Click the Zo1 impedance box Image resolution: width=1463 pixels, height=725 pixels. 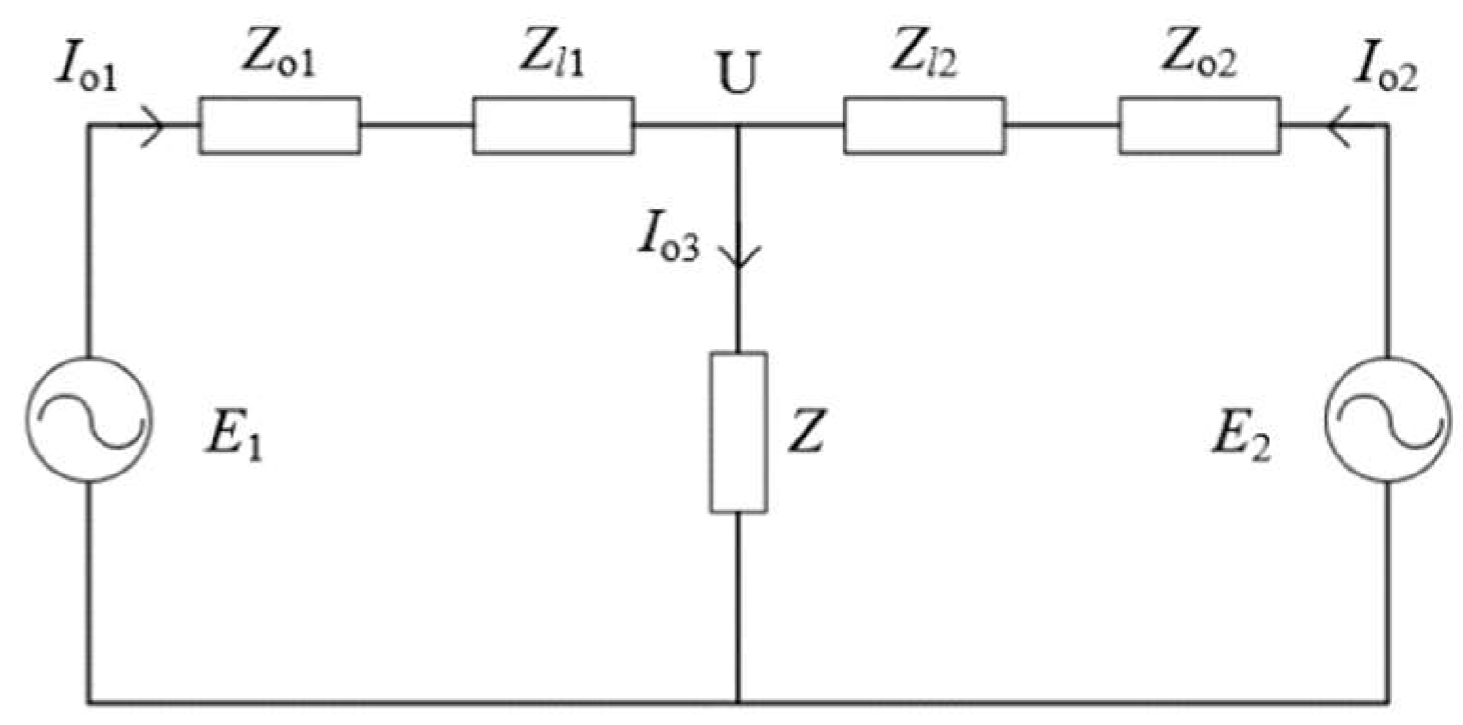click(279, 124)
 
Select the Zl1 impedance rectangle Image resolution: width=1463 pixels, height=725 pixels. click(553, 124)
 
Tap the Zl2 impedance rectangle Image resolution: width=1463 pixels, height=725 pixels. click(924, 124)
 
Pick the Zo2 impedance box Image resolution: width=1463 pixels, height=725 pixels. click(1199, 124)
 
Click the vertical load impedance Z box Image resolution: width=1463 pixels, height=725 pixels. click(738, 433)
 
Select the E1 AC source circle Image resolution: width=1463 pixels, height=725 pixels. click(90, 418)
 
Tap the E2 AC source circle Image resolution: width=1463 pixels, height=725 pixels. click(1389, 418)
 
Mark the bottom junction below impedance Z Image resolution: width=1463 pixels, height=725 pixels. click(738, 703)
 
